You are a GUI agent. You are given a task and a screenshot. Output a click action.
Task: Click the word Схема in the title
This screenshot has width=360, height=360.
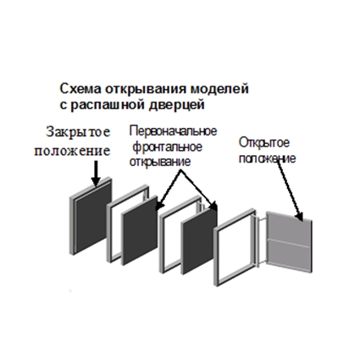tap(80, 89)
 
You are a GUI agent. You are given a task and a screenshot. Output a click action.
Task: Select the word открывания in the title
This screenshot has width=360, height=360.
tap(146, 89)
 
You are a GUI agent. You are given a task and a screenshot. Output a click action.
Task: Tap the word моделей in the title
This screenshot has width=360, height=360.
tap(219, 89)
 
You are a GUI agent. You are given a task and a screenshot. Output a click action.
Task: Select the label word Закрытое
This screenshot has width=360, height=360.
tap(78, 132)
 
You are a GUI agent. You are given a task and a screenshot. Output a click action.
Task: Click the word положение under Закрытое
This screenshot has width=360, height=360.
tap(72, 151)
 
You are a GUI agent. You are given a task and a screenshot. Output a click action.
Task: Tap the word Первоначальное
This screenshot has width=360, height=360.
tap(173, 131)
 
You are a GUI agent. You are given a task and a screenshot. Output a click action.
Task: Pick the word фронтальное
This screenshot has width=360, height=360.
tap(167, 147)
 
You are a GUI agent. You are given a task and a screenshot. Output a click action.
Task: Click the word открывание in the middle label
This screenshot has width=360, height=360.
tap(160, 163)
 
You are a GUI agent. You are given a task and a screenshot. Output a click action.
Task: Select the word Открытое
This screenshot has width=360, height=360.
tap(264, 143)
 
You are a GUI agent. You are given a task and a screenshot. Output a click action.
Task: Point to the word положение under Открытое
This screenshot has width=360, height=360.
tap(267, 158)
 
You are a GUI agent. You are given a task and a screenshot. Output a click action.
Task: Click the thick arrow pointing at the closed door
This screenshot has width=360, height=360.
tap(96, 174)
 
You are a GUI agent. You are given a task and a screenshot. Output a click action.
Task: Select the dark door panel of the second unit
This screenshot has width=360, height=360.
tap(139, 230)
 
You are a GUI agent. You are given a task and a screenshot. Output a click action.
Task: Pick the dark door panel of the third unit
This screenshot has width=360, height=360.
tap(199, 241)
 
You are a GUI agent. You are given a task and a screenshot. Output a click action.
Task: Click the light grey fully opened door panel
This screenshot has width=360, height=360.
tap(289, 242)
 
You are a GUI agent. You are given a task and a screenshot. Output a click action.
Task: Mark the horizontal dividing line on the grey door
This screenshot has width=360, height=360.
tap(289, 243)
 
